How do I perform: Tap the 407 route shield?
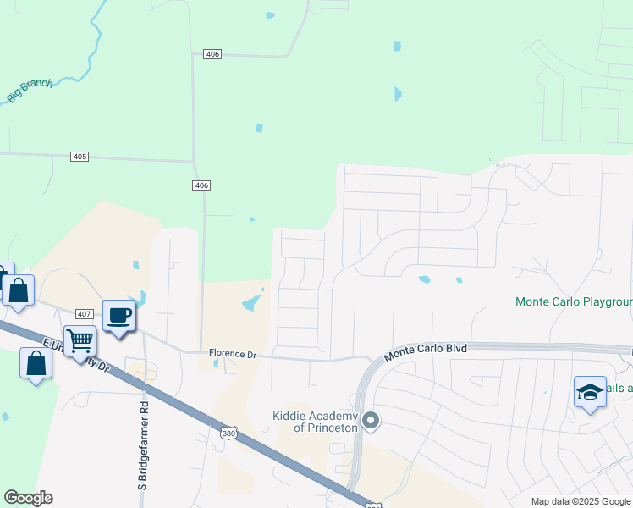point(83,313)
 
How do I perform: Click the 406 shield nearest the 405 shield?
point(201,185)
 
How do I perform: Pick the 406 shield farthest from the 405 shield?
point(212,54)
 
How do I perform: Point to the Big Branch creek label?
point(30,91)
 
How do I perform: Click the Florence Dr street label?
point(232,354)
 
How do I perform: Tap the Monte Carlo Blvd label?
point(426,351)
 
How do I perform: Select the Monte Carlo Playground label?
point(574,302)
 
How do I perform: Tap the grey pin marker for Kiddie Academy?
point(370,420)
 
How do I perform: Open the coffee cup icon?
point(118,316)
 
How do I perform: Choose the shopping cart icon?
point(80,341)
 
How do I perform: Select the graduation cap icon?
point(590,392)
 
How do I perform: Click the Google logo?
point(28,498)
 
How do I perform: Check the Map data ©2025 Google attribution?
point(581,501)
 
